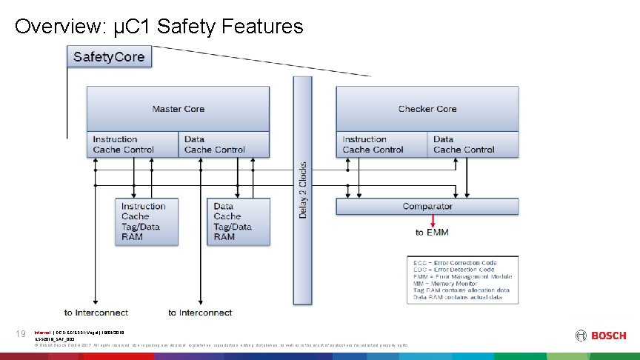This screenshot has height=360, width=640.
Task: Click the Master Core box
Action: point(178,108)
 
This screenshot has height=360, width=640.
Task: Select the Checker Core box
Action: point(427,108)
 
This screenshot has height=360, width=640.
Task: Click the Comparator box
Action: point(427,207)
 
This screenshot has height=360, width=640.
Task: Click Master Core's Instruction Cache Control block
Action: point(132,144)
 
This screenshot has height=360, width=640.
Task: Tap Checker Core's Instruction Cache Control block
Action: point(381,144)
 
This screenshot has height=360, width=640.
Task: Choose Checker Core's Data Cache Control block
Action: point(473,144)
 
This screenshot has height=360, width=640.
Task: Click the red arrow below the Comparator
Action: point(433,221)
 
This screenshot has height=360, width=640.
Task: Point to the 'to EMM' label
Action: point(432,233)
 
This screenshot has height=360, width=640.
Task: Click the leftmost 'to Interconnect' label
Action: point(96,313)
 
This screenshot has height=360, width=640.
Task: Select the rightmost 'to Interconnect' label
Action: point(200,313)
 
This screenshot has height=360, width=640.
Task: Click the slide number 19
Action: point(20,335)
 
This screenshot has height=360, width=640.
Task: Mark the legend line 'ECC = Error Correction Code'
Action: point(455,263)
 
